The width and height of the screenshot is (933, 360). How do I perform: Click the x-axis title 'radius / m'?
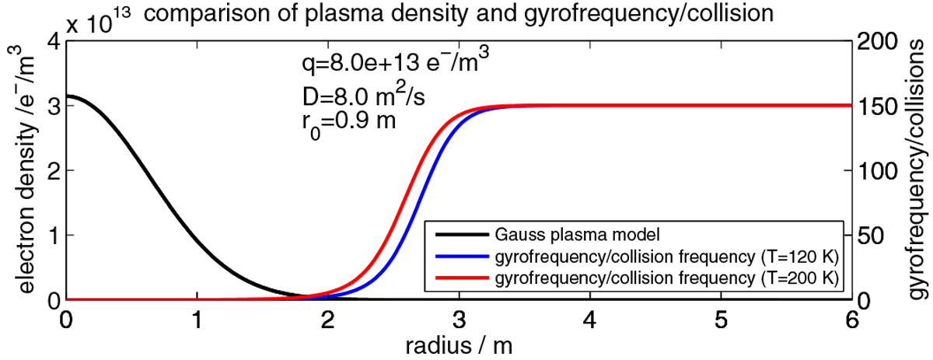[459, 342]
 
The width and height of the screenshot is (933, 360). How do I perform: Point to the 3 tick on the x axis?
[459, 320]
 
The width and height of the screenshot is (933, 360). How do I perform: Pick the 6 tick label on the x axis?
[851, 320]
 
